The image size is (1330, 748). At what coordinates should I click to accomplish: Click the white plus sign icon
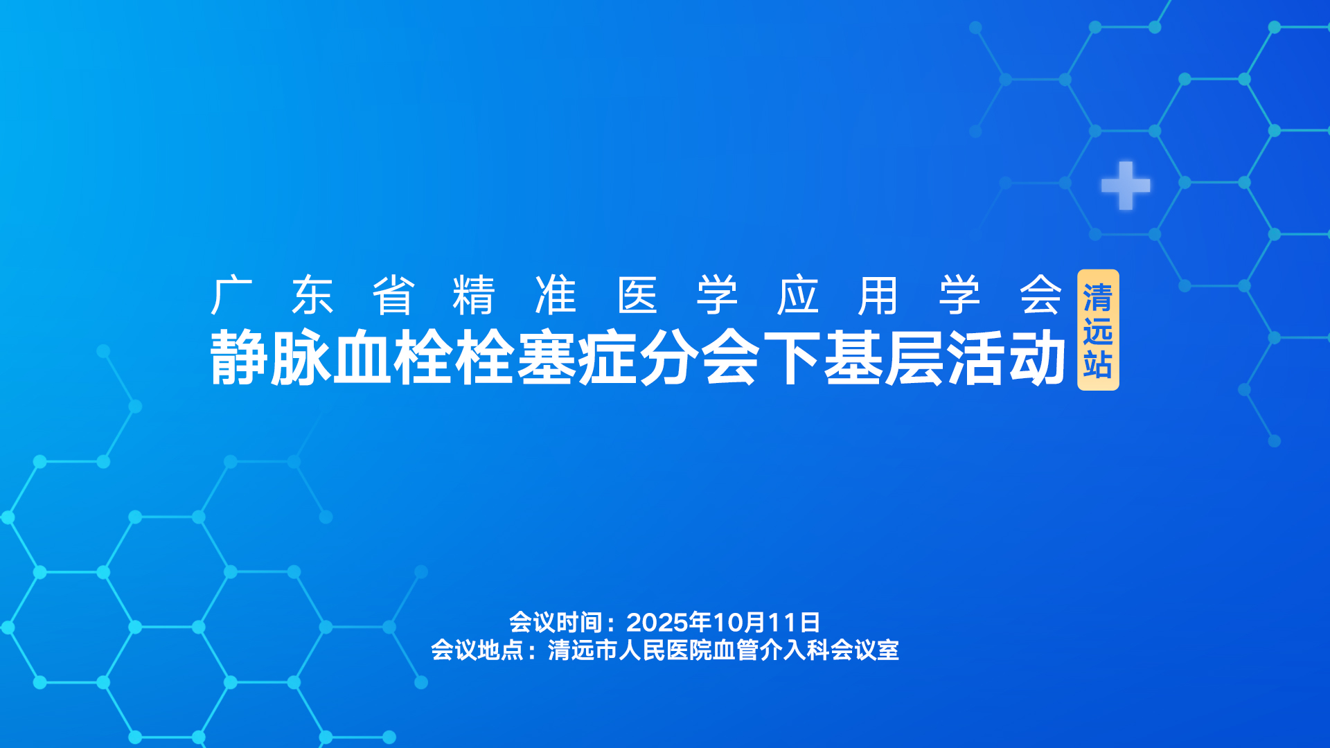pos(1126,186)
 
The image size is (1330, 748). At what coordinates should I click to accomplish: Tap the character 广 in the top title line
pos(232,295)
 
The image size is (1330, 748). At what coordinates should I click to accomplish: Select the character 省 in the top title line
pos(393,295)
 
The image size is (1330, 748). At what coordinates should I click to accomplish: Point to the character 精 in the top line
pos(474,295)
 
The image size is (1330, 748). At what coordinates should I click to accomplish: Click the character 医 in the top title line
pos(637,295)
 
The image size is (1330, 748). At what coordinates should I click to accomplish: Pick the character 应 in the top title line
pos(798,295)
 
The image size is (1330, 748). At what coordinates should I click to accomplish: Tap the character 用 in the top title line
pos(878,295)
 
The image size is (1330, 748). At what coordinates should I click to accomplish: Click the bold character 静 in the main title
pos(239,357)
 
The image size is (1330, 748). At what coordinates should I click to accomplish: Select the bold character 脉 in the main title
pos(301,357)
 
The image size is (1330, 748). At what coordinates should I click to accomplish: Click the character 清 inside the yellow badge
pos(1098,298)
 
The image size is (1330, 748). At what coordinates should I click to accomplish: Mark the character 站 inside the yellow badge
pos(1098,364)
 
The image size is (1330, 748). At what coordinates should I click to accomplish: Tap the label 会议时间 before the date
pos(556,622)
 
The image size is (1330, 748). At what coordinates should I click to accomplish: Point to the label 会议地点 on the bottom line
pos(477,650)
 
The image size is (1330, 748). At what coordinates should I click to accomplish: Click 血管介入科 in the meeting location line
pos(772,650)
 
